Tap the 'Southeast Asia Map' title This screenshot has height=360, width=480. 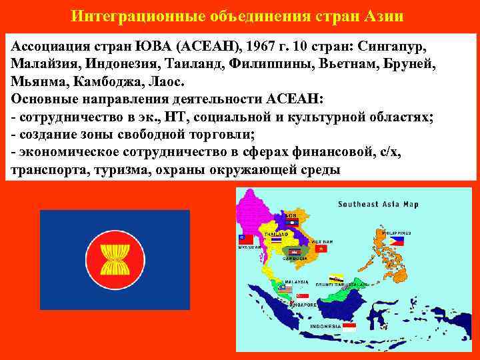(x=377, y=203)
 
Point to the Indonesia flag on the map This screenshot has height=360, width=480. (x=349, y=327)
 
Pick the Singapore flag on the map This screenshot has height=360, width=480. (x=303, y=295)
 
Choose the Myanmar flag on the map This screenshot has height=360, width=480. (x=246, y=239)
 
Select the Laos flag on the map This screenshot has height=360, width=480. (x=291, y=223)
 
